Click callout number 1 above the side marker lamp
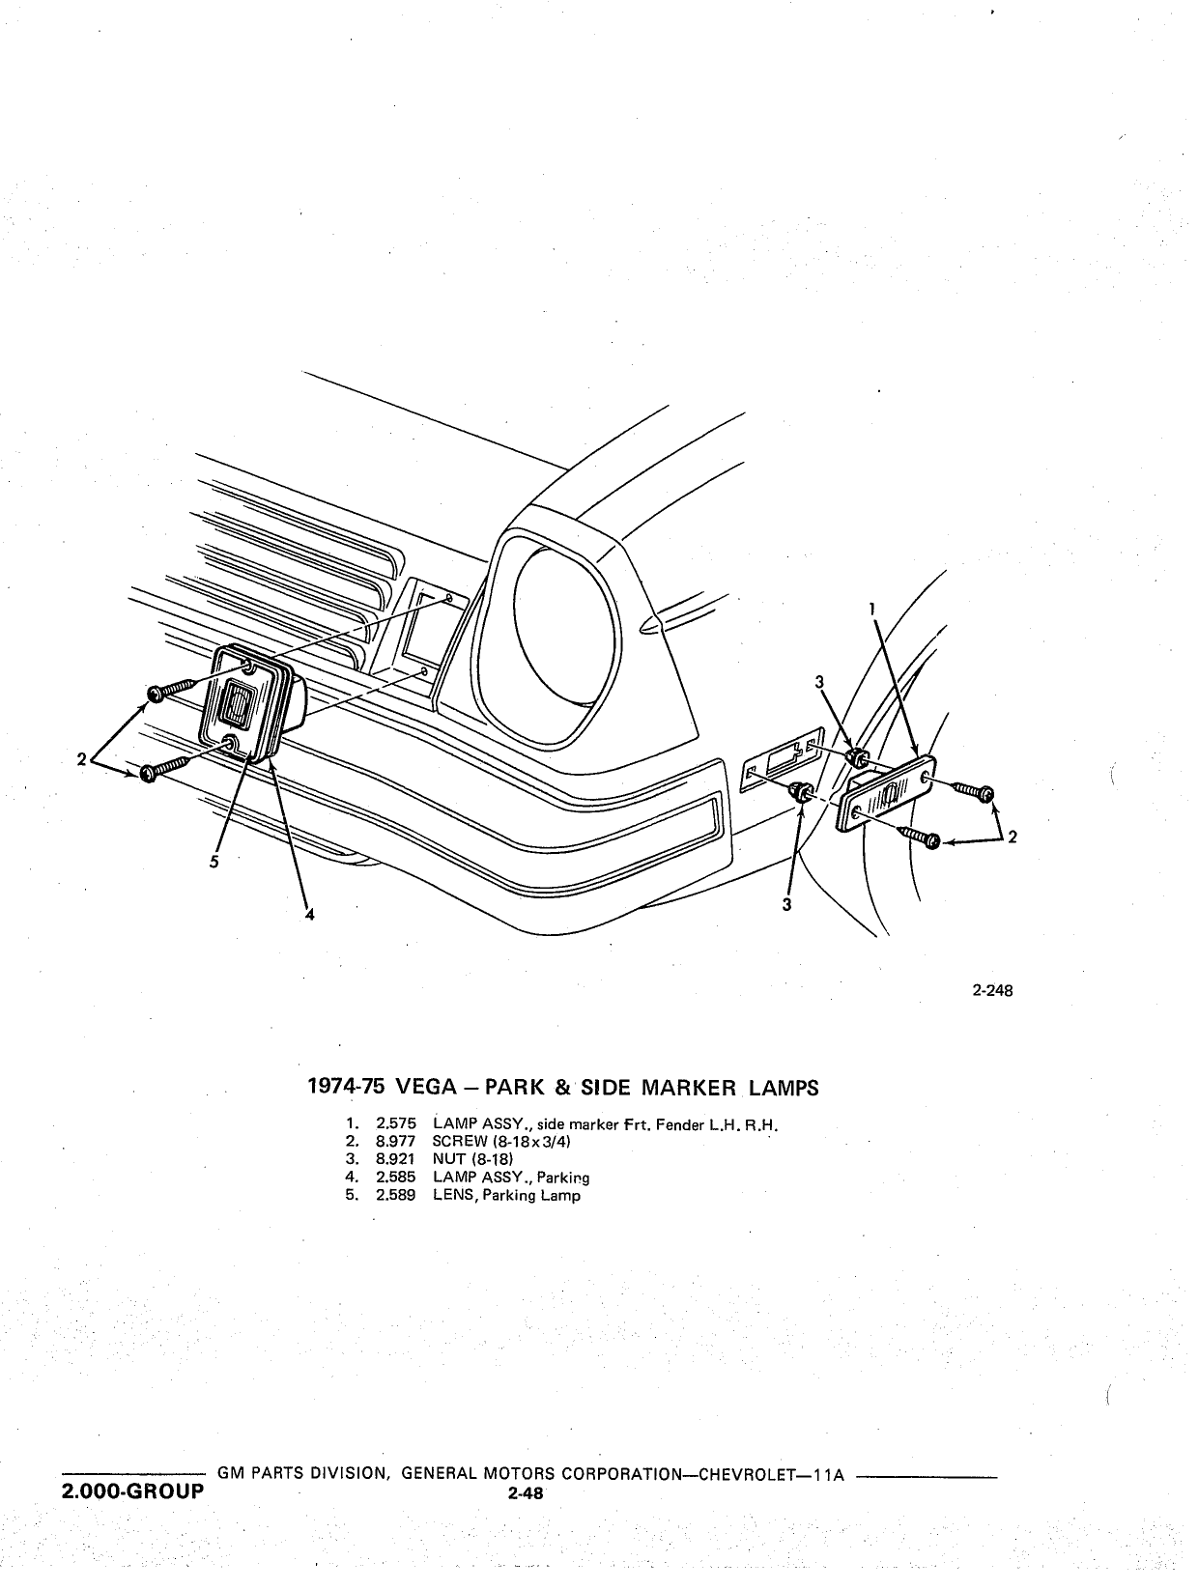[872, 609]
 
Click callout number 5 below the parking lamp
[214, 862]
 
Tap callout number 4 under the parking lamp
[310, 915]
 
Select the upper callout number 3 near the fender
[819, 682]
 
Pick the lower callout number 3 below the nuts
[786, 905]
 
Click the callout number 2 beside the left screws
[81, 759]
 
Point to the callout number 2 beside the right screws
[1013, 838]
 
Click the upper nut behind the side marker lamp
[858, 757]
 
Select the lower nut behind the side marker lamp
[801, 792]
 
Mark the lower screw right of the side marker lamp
[919, 837]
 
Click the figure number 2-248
[992, 990]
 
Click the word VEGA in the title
[427, 1088]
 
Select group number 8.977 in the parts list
[395, 1142]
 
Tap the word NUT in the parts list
[448, 1159]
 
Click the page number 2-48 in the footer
[526, 1493]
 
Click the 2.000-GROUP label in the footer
[133, 1491]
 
